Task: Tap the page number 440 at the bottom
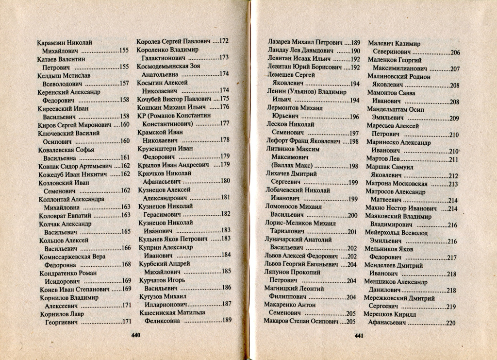coord(135,335)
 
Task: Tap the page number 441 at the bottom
coord(359,336)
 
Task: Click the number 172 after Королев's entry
coord(224,41)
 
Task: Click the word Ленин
coord(276,92)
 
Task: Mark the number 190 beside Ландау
coord(355,51)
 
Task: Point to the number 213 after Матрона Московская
coord(453,184)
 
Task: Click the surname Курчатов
coord(152,279)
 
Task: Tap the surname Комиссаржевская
coord(65,256)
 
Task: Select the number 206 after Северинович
coord(455,52)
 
